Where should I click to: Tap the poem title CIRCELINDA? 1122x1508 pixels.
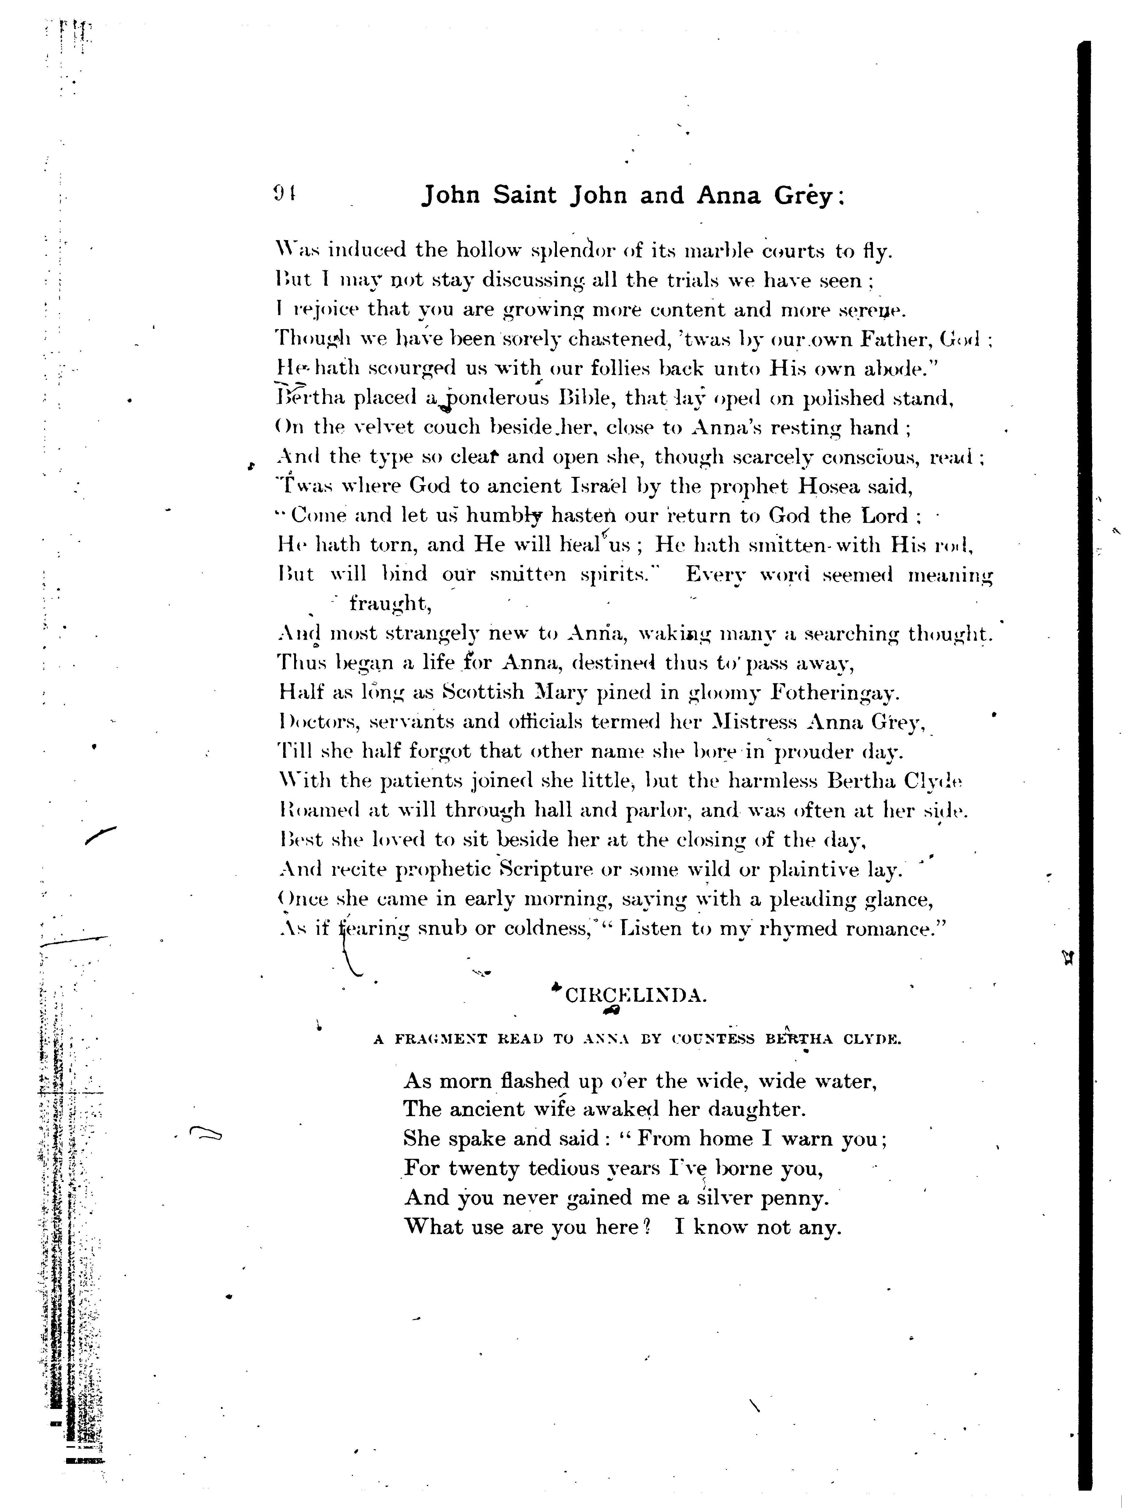[x=635, y=996]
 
